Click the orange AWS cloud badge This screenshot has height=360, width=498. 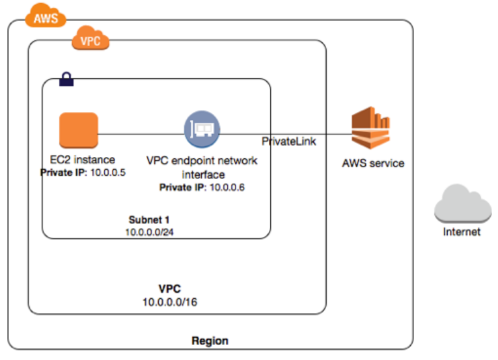pyautogui.click(x=46, y=15)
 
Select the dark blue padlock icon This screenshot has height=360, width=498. pyautogui.click(x=66, y=79)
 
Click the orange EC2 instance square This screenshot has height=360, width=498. pyautogui.click(x=79, y=130)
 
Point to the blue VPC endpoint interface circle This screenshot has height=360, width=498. pyautogui.click(x=202, y=129)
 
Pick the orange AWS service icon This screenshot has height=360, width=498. pyautogui.click(x=370, y=128)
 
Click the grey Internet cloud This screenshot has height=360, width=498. pyautogui.click(x=463, y=203)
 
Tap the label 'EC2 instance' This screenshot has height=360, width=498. pyautogui.click(x=83, y=159)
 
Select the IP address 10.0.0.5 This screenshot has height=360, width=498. pyautogui.click(x=108, y=173)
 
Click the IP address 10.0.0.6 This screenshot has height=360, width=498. pyautogui.click(x=227, y=187)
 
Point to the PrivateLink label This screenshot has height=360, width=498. pyautogui.click(x=289, y=141)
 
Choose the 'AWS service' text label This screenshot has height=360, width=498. pyautogui.click(x=373, y=163)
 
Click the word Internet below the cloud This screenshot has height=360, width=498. pyautogui.click(x=462, y=232)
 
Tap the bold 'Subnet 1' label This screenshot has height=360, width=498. pyautogui.click(x=149, y=219)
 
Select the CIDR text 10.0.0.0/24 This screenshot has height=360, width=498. pyautogui.click(x=149, y=232)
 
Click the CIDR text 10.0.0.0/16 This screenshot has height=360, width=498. pyautogui.click(x=170, y=302)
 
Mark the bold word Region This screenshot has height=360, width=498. pyautogui.click(x=210, y=340)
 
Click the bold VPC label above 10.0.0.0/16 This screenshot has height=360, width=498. pyautogui.click(x=170, y=289)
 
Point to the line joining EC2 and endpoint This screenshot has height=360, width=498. pyautogui.click(x=141, y=134)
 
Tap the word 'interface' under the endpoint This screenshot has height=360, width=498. pyautogui.click(x=203, y=174)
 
